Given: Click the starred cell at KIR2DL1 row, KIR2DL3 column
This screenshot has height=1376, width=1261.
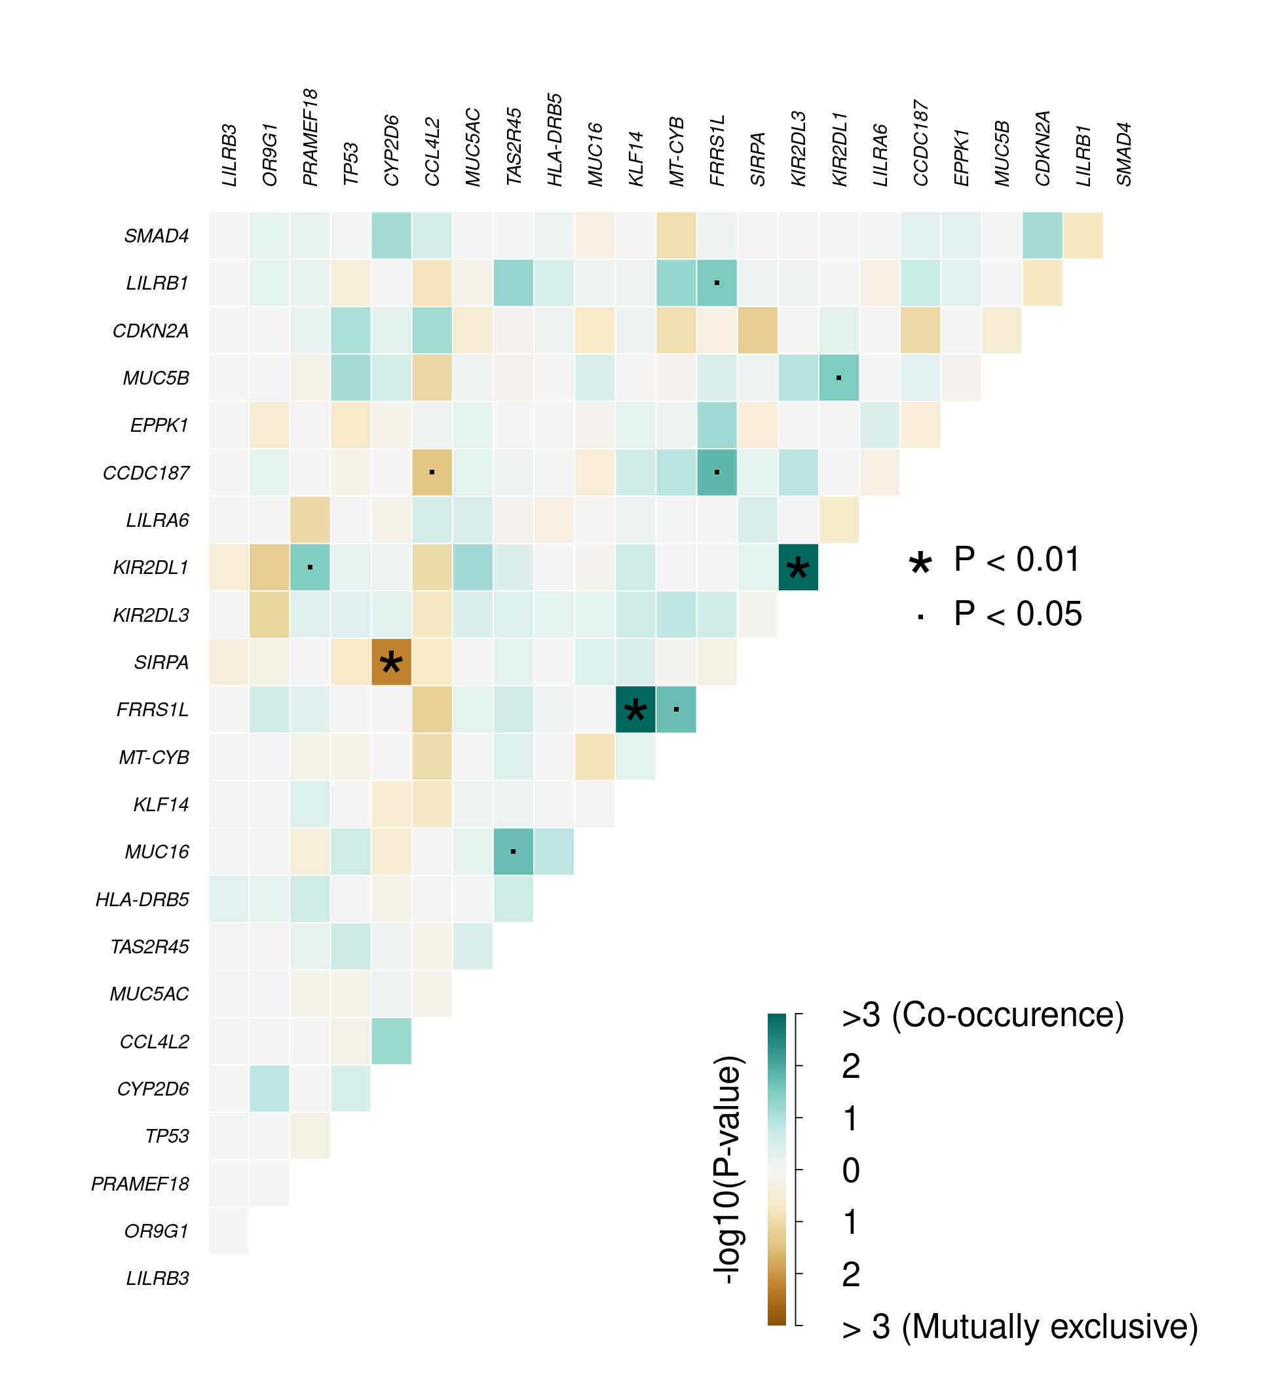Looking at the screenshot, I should pos(798,567).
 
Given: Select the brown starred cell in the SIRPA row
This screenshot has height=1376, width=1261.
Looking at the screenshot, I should pos(391,662).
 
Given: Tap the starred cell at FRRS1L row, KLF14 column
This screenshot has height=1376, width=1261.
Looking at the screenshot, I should pos(635,710).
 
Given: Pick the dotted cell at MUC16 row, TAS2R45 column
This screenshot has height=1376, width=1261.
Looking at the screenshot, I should pos(513,852).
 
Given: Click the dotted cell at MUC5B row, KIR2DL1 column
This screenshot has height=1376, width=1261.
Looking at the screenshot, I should pos(838,377).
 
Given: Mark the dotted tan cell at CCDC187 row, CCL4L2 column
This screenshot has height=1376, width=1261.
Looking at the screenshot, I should pos(432,472).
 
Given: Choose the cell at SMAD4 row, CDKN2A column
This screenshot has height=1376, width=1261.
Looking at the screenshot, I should pos(1042,235).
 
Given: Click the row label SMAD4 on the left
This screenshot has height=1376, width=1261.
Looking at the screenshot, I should pos(157,236).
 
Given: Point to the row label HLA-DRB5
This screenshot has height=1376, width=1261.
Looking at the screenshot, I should pos(142,900).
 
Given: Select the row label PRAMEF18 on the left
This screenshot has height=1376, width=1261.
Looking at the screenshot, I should pos(140,1183).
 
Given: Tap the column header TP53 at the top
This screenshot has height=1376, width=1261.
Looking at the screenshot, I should pos(350,164).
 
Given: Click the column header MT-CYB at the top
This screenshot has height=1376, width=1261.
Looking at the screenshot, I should pos(676,151).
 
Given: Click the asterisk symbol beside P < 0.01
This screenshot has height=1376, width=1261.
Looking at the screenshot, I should pos(920,563).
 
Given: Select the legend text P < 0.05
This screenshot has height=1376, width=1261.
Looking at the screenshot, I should pos(1017,613).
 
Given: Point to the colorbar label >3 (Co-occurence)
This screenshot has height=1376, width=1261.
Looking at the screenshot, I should pos(983,1015).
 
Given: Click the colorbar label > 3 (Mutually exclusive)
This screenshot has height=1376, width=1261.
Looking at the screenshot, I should pos(1019,1327).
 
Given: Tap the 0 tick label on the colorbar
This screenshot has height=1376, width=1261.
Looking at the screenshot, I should pos(851,1170).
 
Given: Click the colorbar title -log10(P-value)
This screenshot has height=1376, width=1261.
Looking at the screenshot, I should pos(727,1170).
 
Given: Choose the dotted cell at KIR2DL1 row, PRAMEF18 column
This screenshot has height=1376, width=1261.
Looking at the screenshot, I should pos(310,567).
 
